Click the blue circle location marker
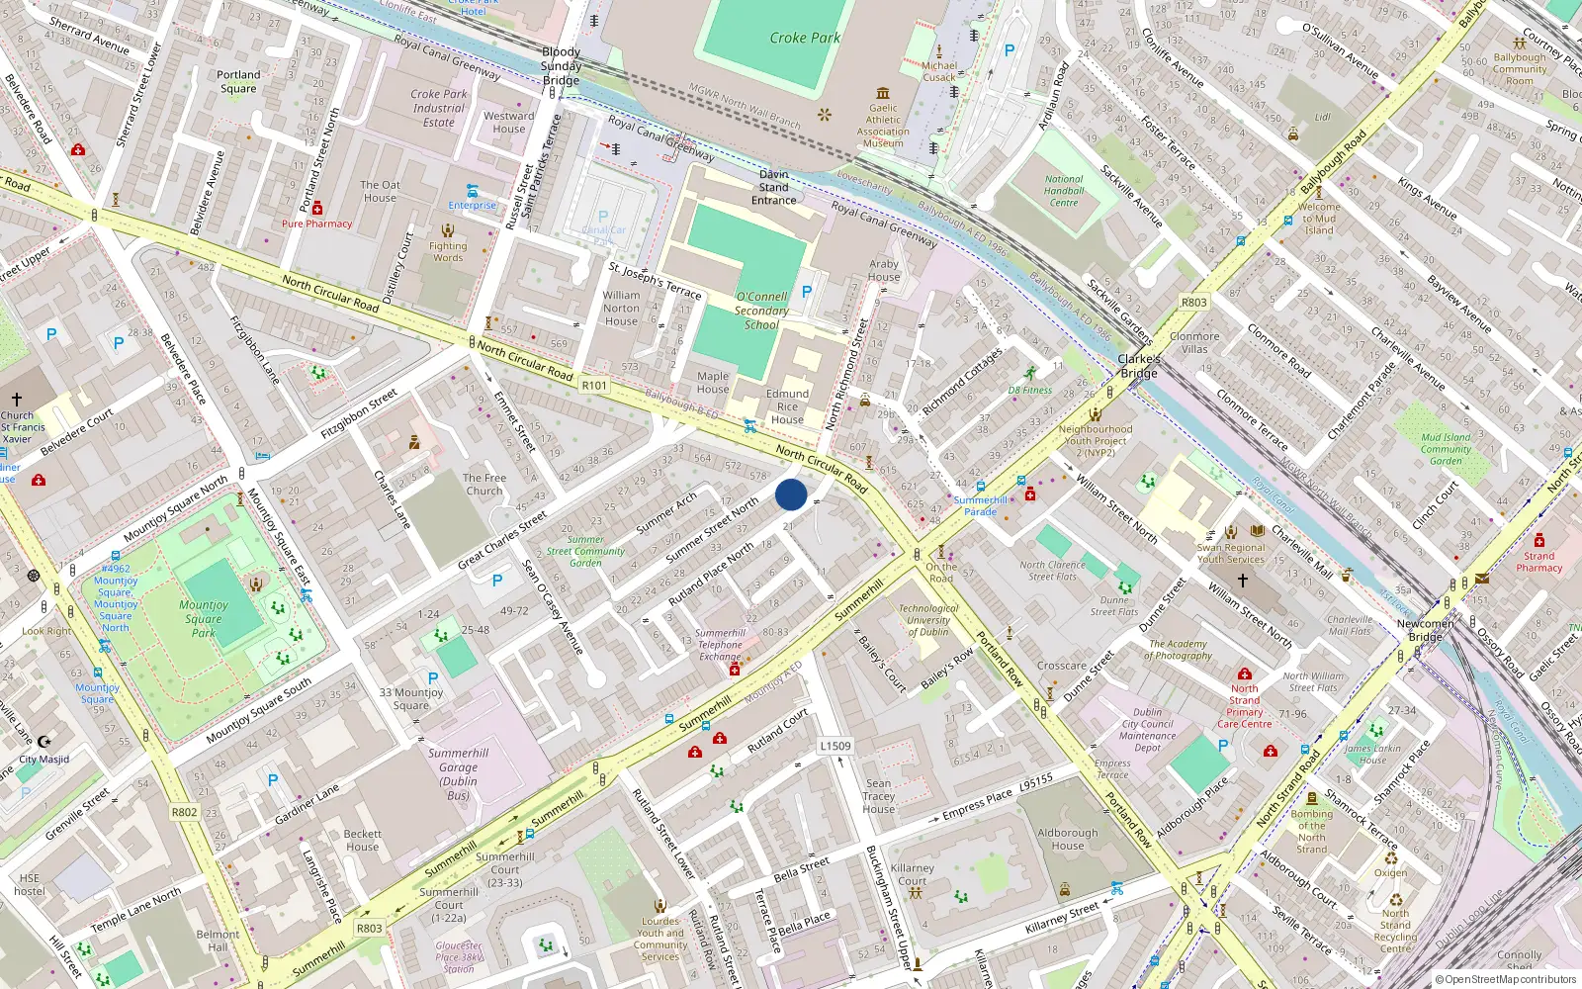point(791,494)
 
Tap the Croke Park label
point(805,38)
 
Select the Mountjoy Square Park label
point(204,618)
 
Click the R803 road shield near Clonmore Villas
point(1193,303)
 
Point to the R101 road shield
point(594,386)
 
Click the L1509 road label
point(835,747)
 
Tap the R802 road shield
point(184,812)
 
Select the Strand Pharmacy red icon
point(1538,541)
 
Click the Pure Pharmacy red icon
point(317,209)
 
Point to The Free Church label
point(484,484)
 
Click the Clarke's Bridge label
point(1139,366)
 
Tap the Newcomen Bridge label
point(1425,630)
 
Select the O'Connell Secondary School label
point(761,311)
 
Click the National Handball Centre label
point(1064,191)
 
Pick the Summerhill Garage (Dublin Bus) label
point(458,773)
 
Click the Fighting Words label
point(448,251)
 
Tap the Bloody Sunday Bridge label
point(561,66)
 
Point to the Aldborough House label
point(1067,839)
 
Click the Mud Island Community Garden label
point(1446,449)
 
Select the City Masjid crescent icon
point(44,741)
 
